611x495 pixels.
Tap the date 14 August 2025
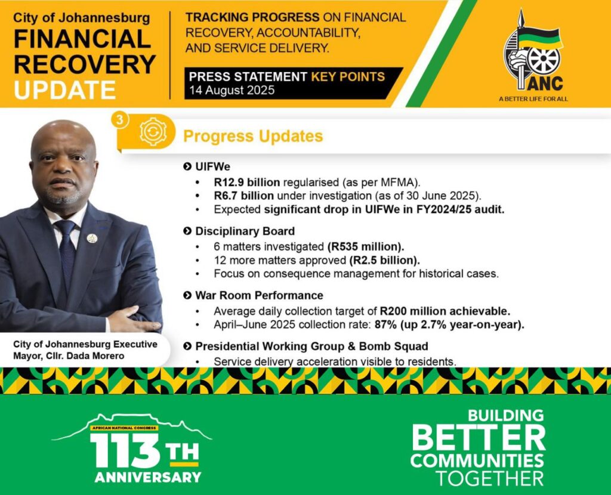(x=232, y=91)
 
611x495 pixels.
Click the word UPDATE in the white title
(x=65, y=90)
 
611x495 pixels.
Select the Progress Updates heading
(x=253, y=137)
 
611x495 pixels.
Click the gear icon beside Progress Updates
(x=153, y=132)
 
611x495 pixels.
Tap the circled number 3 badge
(x=120, y=120)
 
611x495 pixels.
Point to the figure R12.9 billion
(x=246, y=182)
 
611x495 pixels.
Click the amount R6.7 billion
(x=243, y=196)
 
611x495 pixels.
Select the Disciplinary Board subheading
(x=245, y=231)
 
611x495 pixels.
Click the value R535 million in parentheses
(x=366, y=247)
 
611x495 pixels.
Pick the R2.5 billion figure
(x=384, y=260)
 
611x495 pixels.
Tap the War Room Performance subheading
(x=259, y=296)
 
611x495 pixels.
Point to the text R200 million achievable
(x=445, y=311)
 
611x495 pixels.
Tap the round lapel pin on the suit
(x=92, y=239)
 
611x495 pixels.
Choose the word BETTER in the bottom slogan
(x=479, y=438)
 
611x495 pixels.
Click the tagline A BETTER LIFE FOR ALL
(x=533, y=100)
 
